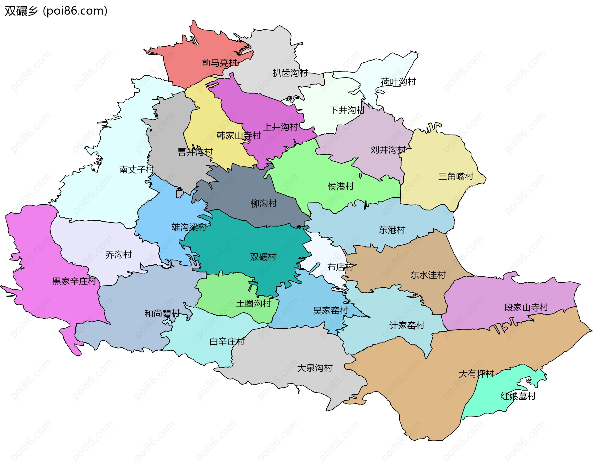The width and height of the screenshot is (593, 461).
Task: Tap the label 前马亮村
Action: tap(219, 63)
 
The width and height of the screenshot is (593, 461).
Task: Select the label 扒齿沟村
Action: tap(290, 73)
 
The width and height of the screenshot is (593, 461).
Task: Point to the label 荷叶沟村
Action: tap(398, 82)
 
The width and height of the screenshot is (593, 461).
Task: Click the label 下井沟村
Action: tap(347, 110)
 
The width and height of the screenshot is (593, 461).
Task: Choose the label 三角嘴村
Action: tap(456, 177)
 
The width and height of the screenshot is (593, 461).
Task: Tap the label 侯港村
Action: tap(340, 186)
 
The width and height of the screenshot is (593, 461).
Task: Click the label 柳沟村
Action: tap(263, 203)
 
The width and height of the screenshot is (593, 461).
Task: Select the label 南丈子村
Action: tap(136, 169)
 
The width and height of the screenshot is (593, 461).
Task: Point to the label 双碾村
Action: tap(263, 257)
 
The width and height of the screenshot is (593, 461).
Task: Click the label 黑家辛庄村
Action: tap(74, 281)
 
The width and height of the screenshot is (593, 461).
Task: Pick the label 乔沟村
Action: tap(119, 255)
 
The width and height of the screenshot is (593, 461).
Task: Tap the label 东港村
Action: tap(392, 230)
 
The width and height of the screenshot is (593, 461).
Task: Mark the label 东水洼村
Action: tap(427, 275)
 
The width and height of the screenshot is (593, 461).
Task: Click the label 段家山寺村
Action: tap(526, 307)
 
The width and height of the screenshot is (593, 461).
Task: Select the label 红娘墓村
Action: tap(518, 396)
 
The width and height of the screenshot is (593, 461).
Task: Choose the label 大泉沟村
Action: tap(314, 368)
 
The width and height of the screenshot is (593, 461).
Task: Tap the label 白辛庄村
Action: tap(227, 342)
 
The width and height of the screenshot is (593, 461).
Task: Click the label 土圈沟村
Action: tap(253, 304)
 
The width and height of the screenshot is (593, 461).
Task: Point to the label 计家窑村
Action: tap(406, 325)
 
